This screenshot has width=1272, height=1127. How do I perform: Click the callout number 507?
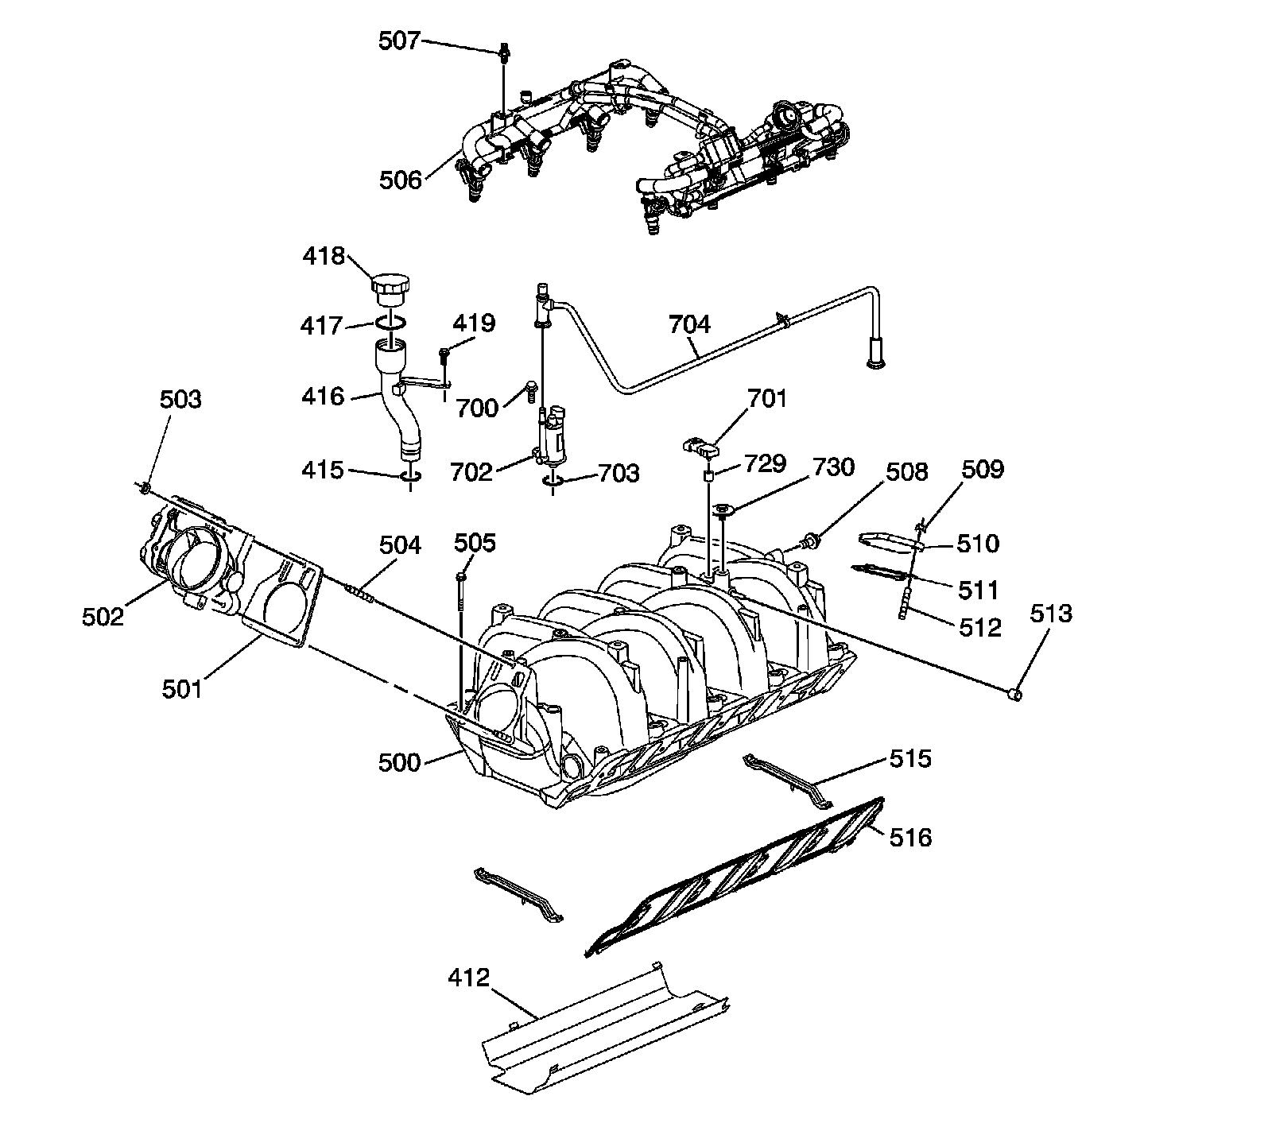tap(398, 40)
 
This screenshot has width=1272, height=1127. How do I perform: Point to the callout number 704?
tap(689, 323)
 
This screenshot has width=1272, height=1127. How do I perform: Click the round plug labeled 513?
tap(1014, 694)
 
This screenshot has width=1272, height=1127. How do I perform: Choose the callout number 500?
tap(399, 762)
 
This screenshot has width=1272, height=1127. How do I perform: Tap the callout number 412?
tap(468, 977)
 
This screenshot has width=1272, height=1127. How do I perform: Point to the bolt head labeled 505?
tap(461, 575)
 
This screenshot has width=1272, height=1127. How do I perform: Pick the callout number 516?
tap(910, 837)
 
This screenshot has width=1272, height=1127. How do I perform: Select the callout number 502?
tap(103, 616)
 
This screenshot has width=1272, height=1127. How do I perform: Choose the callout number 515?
tap(909, 758)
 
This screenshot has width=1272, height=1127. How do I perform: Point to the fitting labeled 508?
tap(810, 543)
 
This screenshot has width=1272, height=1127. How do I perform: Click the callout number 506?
tap(400, 180)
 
